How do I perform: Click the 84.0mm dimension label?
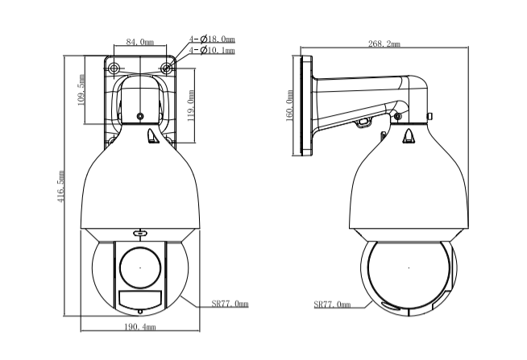click(140, 42)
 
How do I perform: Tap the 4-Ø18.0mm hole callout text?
click(212, 39)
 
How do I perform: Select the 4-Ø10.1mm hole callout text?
click(212, 51)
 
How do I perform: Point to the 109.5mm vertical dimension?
click(81, 90)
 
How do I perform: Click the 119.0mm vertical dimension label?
click(191, 106)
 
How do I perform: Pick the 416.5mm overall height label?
click(60, 186)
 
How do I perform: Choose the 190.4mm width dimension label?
click(140, 326)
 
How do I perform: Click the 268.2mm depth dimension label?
click(384, 43)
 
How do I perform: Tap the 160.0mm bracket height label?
click(289, 106)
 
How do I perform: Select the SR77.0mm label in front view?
click(230, 304)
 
